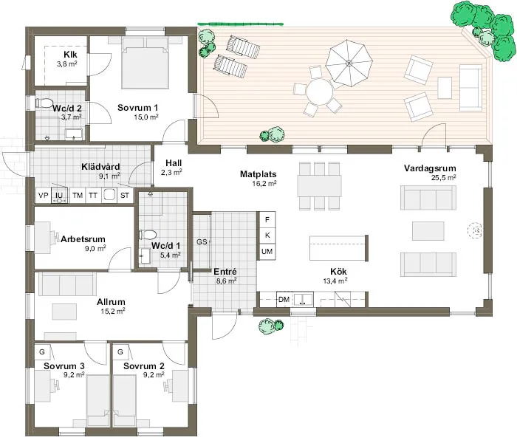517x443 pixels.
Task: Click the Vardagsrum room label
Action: (x=429, y=168)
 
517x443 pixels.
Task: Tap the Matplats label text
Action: (x=258, y=175)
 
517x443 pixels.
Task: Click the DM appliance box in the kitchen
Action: (x=284, y=299)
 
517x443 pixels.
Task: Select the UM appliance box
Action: (x=267, y=253)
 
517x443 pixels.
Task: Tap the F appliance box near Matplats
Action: (x=267, y=219)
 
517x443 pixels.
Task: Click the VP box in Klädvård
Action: (x=43, y=196)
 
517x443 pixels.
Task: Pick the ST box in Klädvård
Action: (x=125, y=196)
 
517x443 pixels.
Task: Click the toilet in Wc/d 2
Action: (x=44, y=103)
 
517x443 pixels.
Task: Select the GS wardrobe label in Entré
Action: (x=201, y=241)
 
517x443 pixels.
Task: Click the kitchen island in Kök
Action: (x=338, y=247)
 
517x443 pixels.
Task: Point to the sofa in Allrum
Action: (x=66, y=283)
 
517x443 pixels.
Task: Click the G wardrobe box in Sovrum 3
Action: (x=43, y=352)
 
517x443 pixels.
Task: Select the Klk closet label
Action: (x=71, y=55)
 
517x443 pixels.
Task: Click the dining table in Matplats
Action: (x=319, y=184)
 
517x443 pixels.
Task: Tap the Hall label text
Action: (x=173, y=162)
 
